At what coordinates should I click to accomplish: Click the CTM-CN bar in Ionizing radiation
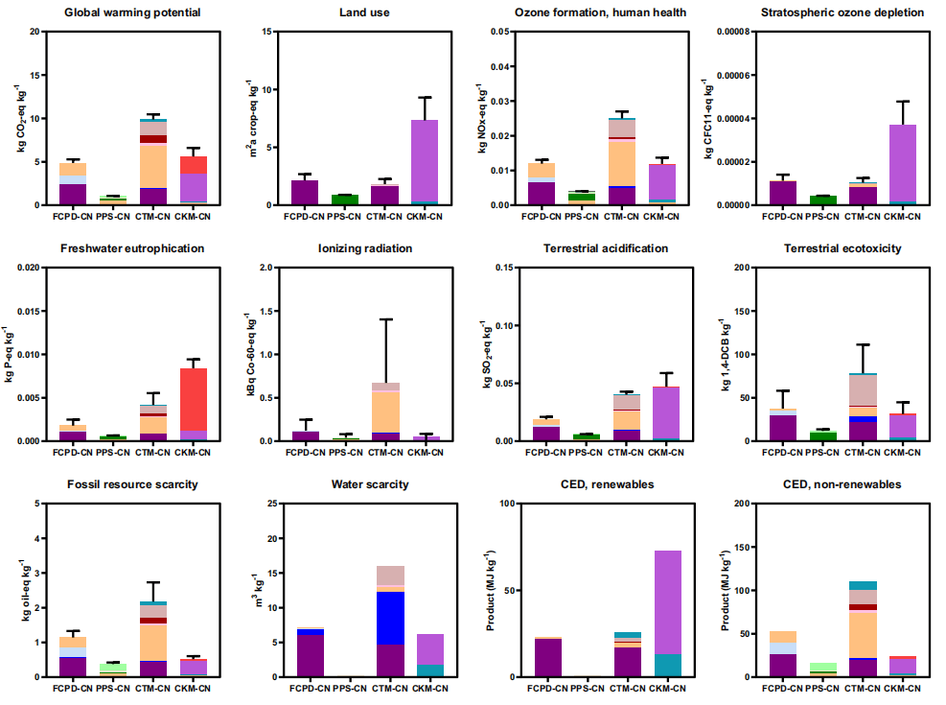pos(386,412)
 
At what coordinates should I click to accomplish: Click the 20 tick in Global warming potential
pos(35,32)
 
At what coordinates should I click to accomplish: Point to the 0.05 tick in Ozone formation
pos(498,32)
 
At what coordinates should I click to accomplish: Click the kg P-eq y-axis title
pos(12,354)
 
